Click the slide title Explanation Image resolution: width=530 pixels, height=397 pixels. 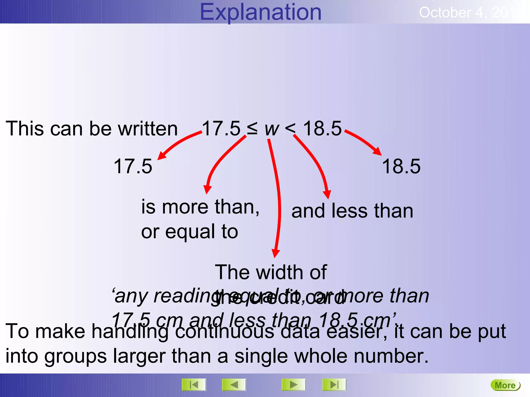(261, 12)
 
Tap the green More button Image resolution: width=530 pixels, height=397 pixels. (505, 385)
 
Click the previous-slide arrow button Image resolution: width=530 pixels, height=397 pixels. (234, 385)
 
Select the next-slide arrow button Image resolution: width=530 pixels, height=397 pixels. (293, 385)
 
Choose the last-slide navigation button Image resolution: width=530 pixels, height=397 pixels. (334, 385)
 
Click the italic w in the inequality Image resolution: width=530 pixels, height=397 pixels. (272, 129)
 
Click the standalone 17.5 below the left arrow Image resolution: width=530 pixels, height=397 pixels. (133, 166)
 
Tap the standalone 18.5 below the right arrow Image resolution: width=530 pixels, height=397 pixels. (401, 166)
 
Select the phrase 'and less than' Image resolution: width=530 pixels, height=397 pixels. (352, 211)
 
